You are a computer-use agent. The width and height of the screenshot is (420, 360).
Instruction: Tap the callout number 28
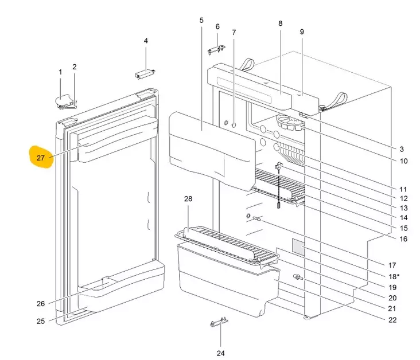click(188, 199)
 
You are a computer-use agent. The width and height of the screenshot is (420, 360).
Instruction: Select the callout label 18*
click(394, 277)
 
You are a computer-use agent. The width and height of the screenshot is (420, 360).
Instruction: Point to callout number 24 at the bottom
click(220, 352)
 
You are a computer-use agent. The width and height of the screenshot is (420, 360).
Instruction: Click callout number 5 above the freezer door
click(201, 21)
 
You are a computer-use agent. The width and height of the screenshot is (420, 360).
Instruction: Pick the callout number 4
click(146, 41)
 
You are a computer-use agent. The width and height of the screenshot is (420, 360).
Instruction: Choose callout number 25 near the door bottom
click(41, 321)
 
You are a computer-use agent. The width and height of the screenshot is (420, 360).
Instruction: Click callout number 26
click(41, 304)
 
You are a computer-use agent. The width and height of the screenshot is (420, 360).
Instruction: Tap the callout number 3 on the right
click(402, 149)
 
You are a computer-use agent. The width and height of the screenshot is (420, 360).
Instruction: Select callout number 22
click(392, 320)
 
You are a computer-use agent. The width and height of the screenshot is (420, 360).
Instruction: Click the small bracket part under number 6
click(215, 50)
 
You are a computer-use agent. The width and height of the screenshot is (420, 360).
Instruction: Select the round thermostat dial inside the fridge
click(286, 122)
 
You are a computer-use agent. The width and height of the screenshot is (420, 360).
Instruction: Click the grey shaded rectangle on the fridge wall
click(297, 246)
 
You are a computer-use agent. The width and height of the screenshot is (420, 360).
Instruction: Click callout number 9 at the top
click(302, 32)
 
